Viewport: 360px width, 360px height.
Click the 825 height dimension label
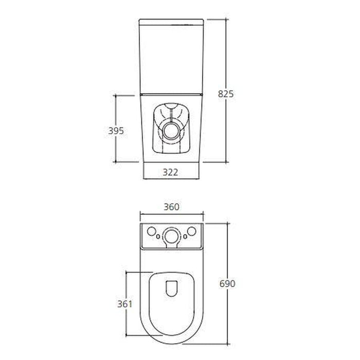coord(226,94)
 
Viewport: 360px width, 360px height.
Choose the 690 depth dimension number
coord(227,284)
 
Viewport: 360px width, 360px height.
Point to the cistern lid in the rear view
coord(172,23)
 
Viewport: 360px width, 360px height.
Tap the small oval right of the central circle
coord(185,237)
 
